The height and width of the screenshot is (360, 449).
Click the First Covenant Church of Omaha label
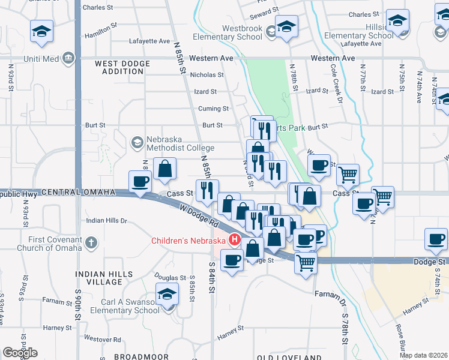[x=49, y=244]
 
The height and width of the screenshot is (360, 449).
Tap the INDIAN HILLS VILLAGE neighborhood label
[x=99, y=278]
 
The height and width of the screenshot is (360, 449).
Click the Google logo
[x=20, y=352]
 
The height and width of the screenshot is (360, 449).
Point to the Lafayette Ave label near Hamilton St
[x=149, y=41]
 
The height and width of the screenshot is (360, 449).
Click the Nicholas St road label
[x=206, y=76]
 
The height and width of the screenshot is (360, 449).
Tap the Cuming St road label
[x=213, y=109]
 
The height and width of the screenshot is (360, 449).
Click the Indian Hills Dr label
[x=107, y=221]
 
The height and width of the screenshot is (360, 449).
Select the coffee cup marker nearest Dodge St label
[x=435, y=239]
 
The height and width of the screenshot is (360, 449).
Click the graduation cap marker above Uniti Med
[x=41, y=31]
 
